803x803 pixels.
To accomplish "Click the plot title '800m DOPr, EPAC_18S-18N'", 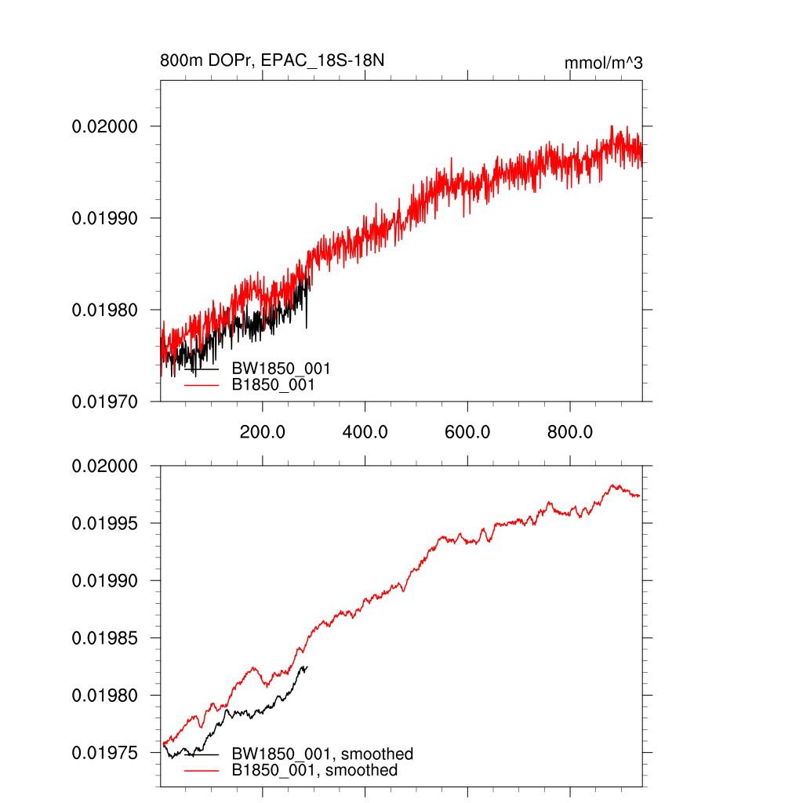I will click(x=272, y=60).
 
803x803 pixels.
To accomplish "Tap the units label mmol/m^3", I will click(x=603, y=63).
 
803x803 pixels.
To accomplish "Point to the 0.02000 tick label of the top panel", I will click(x=105, y=126).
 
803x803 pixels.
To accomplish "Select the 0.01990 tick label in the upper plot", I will click(x=105, y=218).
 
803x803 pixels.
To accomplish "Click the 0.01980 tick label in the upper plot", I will click(x=105, y=310).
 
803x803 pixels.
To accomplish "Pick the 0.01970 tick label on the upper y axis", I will click(x=105, y=401).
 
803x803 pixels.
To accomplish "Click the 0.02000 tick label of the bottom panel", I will click(x=105, y=466).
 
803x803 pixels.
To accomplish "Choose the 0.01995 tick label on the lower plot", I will click(x=105, y=523).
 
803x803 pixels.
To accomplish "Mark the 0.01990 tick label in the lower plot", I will click(x=105, y=580).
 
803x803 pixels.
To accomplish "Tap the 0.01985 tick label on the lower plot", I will click(x=105, y=638).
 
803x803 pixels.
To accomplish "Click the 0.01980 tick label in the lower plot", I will click(x=105, y=696).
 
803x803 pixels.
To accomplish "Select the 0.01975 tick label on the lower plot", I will click(x=105, y=753).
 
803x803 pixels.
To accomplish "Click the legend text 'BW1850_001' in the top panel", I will click(x=281, y=369).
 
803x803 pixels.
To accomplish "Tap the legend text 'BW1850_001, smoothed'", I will click(x=322, y=754).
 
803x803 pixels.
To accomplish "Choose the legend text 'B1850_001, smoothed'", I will click(x=315, y=771).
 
